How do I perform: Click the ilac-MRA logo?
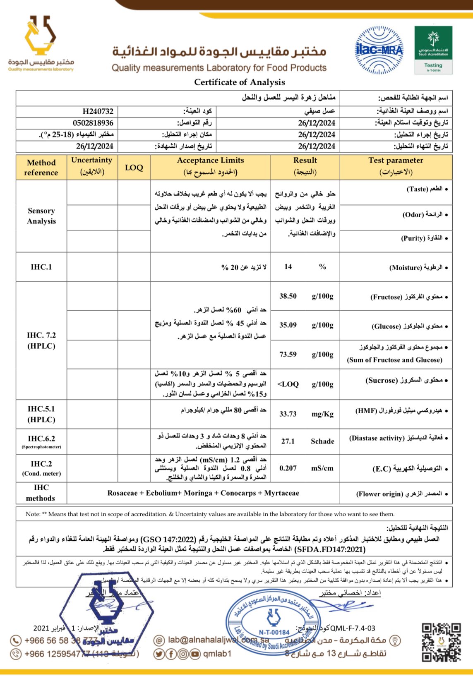[x=379, y=50]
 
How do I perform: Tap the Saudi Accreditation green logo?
[x=433, y=50]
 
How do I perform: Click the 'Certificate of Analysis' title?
[x=240, y=82]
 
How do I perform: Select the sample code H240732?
[x=98, y=111]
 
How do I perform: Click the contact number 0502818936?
[x=93, y=123]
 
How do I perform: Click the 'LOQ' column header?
[x=134, y=168]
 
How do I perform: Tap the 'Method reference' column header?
[x=41, y=168]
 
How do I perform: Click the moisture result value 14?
[x=288, y=267]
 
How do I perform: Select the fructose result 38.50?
[x=288, y=296]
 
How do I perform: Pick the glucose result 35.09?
[x=288, y=325]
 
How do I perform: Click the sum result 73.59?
[x=288, y=355]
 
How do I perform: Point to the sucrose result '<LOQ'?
[x=288, y=384]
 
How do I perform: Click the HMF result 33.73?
[x=288, y=414]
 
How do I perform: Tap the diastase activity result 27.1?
[x=288, y=441]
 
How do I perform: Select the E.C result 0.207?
[x=288, y=468]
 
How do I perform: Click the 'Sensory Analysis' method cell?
[x=41, y=216]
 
